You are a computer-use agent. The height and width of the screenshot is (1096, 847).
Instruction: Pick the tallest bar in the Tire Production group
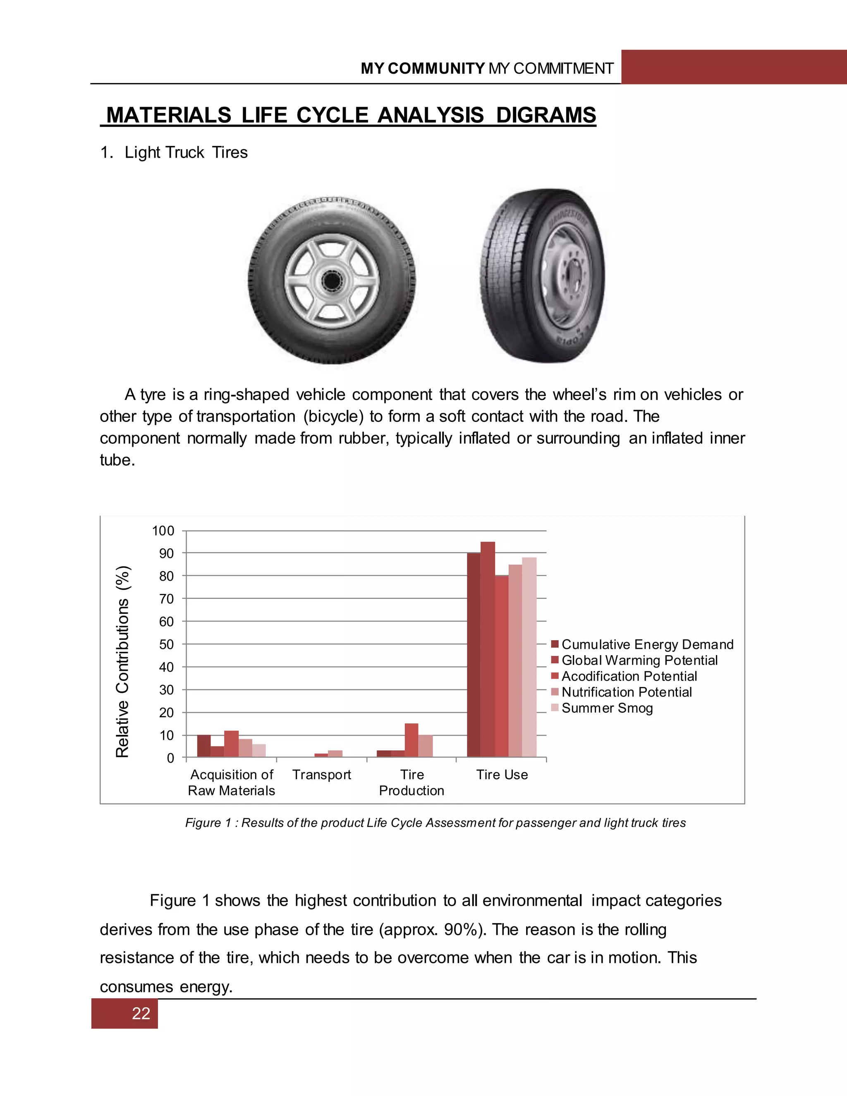[x=411, y=740]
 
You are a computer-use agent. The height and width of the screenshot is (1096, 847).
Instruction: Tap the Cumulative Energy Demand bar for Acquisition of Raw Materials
[x=204, y=746]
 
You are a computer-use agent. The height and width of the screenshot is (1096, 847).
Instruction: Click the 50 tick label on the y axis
[x=166, y=644]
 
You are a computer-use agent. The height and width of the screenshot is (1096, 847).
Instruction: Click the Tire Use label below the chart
[x=502, y=775]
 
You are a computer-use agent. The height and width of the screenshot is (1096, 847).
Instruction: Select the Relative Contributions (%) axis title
[x=122, y=661]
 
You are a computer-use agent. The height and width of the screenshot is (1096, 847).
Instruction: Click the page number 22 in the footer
[x=141, y=1013]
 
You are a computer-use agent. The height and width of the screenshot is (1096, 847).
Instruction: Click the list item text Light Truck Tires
[x=186, y=153]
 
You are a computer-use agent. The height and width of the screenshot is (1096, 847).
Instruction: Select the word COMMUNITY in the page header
[x=435, y=69]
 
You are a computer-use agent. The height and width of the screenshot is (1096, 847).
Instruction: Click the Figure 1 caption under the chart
[x=435, y=823]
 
